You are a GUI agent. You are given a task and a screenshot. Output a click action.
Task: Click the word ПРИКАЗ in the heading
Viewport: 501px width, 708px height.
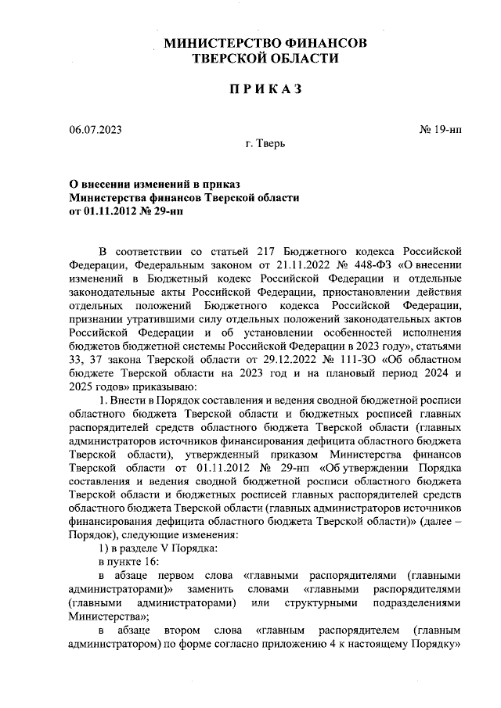click(265, 91)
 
